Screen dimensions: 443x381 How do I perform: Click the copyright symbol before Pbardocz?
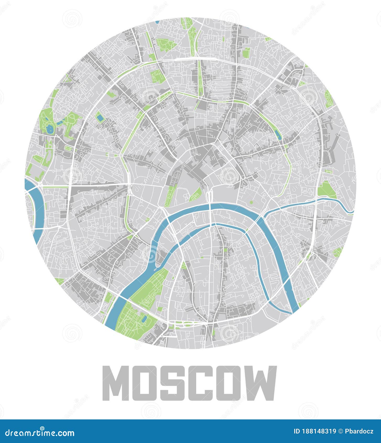click(x=340, y=431)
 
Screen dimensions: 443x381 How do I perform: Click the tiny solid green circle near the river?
click(x=251, y=202)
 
